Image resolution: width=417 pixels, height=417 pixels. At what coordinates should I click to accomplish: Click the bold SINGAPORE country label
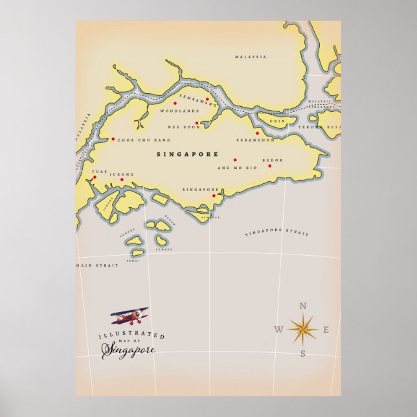[188, 155]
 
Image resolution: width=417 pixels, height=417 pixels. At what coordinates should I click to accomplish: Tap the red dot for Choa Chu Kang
[113, 139]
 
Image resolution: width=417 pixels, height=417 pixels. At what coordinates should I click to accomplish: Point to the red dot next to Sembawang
[207, 100]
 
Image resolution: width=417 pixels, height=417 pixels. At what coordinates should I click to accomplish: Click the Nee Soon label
[180, 126]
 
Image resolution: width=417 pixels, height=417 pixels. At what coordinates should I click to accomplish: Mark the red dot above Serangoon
[258, 133]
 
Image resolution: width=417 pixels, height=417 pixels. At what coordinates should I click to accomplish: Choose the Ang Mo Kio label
[237, 168]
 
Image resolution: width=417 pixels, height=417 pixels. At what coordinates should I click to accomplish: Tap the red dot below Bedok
[270, 166]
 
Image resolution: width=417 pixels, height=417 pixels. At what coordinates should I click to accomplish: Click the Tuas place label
[98, 172]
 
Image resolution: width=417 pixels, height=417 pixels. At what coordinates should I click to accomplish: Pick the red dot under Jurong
[121, 180]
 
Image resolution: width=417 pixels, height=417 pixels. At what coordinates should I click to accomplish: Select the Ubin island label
[277, 122]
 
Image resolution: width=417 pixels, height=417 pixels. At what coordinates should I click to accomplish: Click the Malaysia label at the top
[251, 57]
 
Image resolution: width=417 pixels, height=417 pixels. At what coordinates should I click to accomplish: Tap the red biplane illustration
[130, 316]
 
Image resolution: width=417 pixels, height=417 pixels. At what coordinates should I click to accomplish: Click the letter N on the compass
[302, 306]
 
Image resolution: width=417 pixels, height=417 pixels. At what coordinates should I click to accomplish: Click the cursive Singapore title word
[128, 350]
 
